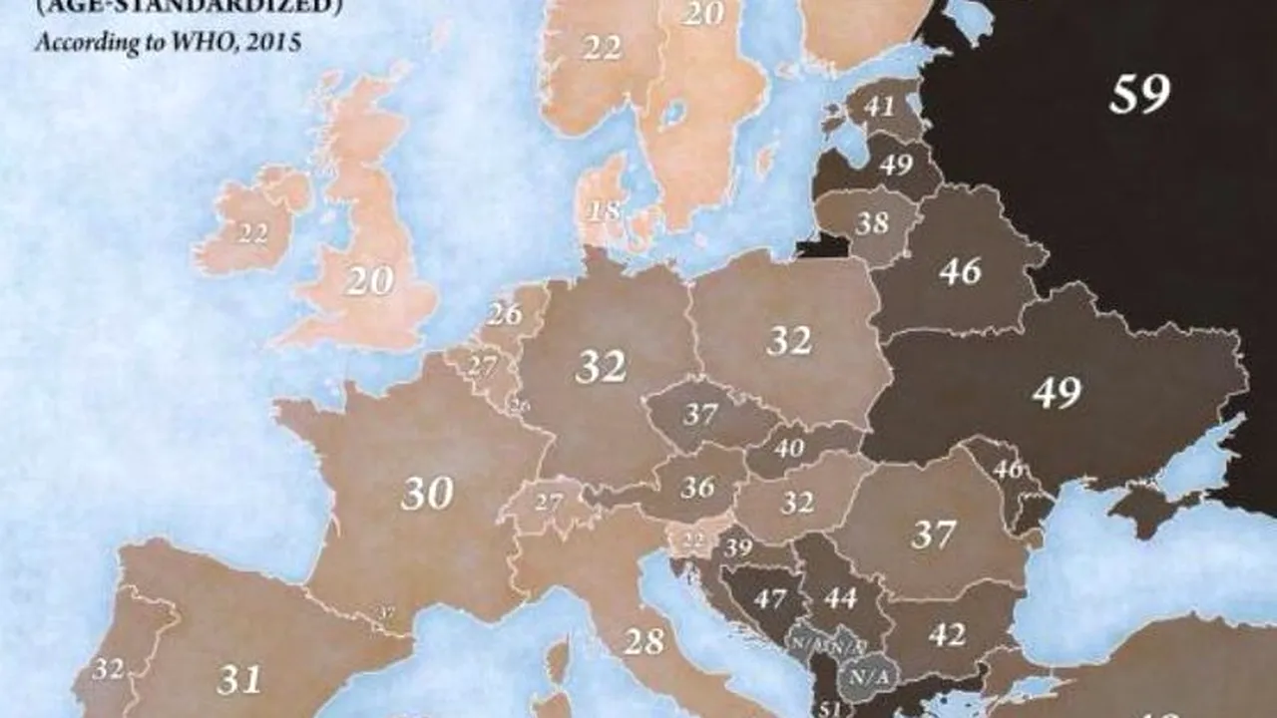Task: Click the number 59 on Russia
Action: (x=1139, y=95)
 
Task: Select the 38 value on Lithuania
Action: (x=871, y=222)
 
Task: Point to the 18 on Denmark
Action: (x=604, y=211)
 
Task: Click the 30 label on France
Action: (x=427, y=493)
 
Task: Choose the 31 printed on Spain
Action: (x=239, y=680)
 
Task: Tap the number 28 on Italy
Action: (x=644, y=641)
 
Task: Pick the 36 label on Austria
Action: (x=698, y=488)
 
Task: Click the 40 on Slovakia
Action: (x=788, y=449)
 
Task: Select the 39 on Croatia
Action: (x=738, y=546)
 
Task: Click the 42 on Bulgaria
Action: (x=946, y=634)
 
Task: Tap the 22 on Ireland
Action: (x=252, y=233)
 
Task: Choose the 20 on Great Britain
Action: (x=369, y=281)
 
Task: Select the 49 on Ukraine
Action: (x=1056, y=393)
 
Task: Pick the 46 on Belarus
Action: (x=960, y=271)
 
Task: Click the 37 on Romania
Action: (x=934, y=535)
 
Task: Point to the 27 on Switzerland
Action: (x=548, y=502)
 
